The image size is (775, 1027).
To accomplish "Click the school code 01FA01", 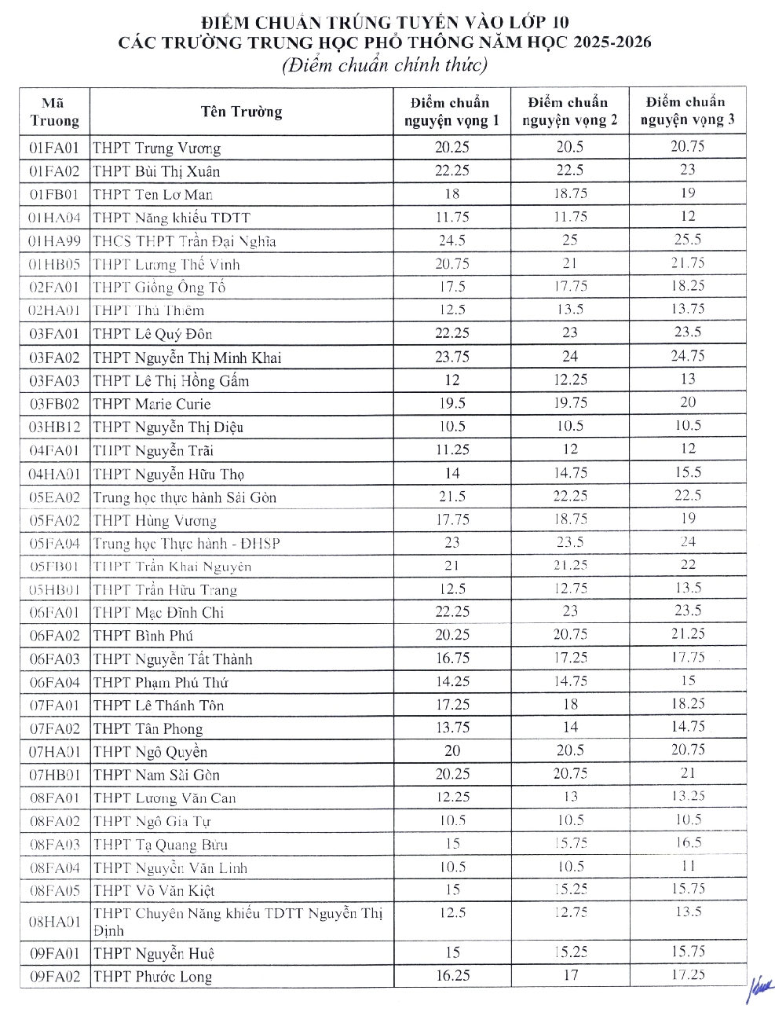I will pyautogui.click(x=54, y=148).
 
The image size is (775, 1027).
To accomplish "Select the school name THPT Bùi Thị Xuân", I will pyautogui.click(x=156, y=171).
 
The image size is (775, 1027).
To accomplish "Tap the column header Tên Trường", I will pyautogui.click(x=241, y=112).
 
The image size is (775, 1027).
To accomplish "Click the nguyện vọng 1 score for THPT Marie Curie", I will pyautogui.click(x=451, y=403).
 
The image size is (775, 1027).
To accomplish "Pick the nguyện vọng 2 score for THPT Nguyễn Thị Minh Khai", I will pyautogui.click(x=570, y=357).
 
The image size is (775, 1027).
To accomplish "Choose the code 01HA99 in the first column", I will pyautogui.click(x=54, y=240).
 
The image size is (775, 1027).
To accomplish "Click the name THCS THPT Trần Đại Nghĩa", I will pyautogui.click(x=185, y=241).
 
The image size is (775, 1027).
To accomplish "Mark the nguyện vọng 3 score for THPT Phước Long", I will pyautogui.click(x=688, y=975).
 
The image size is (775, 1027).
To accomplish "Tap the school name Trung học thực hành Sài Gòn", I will pyautogui.click(x=185, y=497).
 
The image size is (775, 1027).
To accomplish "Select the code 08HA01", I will pyautogui.click(x=54, y=921).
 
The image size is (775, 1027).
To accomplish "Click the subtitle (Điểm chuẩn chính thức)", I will pyautogui.click(x=385, y=66).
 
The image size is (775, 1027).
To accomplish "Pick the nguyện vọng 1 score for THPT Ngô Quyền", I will pyautogui.click(x=451, y=751).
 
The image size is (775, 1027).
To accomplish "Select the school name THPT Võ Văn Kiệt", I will pyautogui.click(x=154, y=891).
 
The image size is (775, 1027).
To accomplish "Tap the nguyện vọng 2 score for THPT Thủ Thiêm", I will pyautogui.click(x=570, y=310).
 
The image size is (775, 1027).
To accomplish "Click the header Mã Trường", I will pyautogui.click(x=54, y=112).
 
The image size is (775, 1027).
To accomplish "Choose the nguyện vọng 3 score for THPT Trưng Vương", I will pyautogui.click(x=688, y=146).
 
